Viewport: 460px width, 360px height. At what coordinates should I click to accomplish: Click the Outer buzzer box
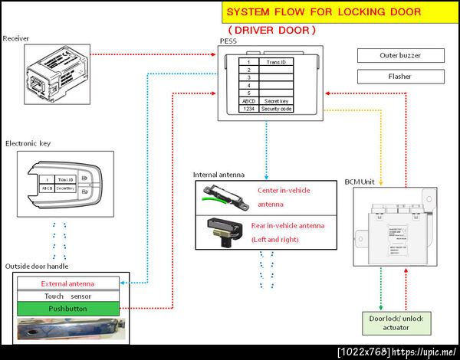(400, 55)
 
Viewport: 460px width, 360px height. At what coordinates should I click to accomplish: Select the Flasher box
(400, 76)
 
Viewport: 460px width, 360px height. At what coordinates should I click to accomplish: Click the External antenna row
(68, 283)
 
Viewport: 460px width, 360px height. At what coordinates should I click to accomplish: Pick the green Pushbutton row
(68, 309)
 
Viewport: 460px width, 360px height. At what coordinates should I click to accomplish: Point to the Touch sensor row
(68, 296)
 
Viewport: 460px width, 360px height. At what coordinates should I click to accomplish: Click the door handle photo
(68, 328)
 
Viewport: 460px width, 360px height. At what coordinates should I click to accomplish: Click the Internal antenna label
(219, 175)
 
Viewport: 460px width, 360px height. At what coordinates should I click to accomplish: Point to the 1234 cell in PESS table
(248, 109)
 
